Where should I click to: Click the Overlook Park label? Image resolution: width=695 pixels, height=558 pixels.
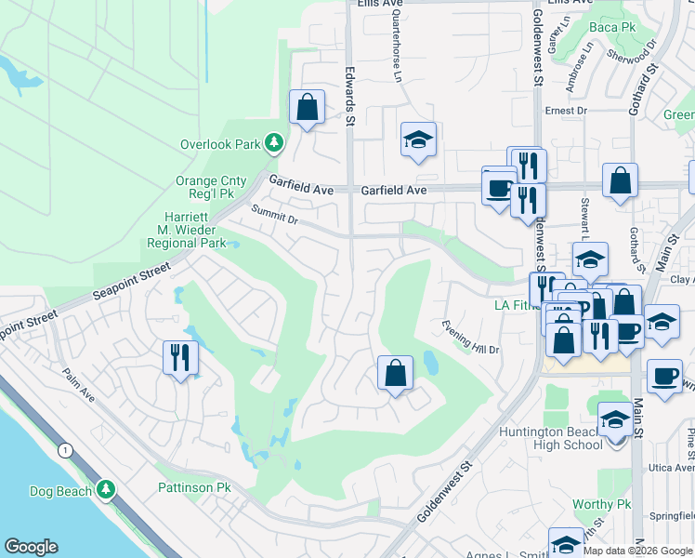pos(221,144)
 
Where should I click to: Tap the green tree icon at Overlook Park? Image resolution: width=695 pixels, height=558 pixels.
pos(273,143)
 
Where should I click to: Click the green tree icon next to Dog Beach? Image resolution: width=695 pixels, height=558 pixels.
pos(106,489)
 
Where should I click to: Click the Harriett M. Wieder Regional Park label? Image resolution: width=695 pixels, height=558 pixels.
pos(187,230)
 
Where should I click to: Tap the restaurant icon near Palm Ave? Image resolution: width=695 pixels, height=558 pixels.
pos(179,357)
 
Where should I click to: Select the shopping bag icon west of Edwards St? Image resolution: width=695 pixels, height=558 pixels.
pos(307,108)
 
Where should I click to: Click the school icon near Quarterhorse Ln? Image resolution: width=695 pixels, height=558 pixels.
pos(418,139)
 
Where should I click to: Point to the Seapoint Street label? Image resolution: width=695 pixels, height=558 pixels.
pos(132,284)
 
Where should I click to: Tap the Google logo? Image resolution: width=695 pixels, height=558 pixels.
pos(31,547)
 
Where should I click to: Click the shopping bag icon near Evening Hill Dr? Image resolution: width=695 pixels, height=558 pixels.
pos(395,374)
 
